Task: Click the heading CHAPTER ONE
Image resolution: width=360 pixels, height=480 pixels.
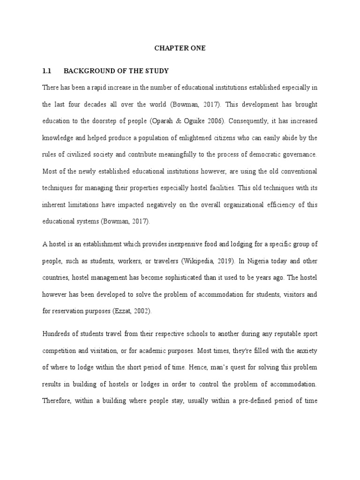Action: click(180, 48)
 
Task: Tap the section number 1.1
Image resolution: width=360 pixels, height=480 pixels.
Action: click(46, 71)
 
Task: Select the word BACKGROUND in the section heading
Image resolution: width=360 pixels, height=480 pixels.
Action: click(86, 71)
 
